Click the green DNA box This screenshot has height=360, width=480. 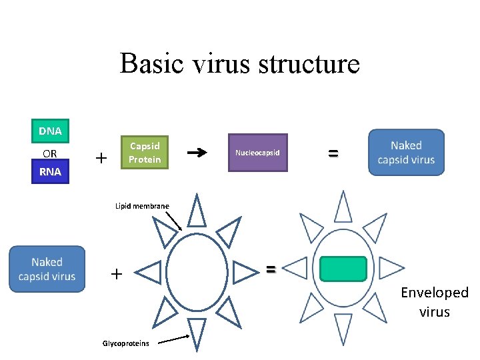tap(50, 131)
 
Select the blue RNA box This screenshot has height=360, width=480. tap(50, 171)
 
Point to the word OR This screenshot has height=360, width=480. tap(50, 153)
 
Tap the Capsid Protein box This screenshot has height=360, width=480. tap(145, 152)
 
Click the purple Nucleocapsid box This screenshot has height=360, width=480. tap(257, 153)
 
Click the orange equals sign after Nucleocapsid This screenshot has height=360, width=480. tap(333, 153)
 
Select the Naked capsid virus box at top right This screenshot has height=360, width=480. tap(406, 153)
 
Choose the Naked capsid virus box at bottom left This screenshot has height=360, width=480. tap(47, 269)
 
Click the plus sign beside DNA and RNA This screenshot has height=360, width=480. tap(101, 158)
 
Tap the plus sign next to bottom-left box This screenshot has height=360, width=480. tap(117, 273)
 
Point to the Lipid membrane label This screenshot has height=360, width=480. tap(142, 207)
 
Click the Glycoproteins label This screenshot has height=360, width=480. tap(125, 343)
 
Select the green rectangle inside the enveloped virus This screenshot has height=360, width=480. tap(343, 269)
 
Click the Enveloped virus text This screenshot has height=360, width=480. tap(434, 302)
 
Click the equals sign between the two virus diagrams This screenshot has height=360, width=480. tap(271, 269)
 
